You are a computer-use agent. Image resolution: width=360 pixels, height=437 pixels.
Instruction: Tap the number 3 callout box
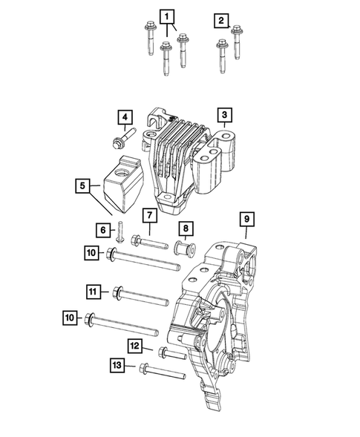click(x=223, y=115)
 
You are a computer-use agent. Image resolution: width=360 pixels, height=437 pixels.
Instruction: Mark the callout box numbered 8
click(x=186, y=229)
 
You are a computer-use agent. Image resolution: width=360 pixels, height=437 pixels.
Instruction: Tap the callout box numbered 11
click(x=93, y=293)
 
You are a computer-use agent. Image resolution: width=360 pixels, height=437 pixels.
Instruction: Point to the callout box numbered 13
click(x=118, y=366)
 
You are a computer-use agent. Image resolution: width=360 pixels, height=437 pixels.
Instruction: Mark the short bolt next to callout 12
click(x=170, y=354)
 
